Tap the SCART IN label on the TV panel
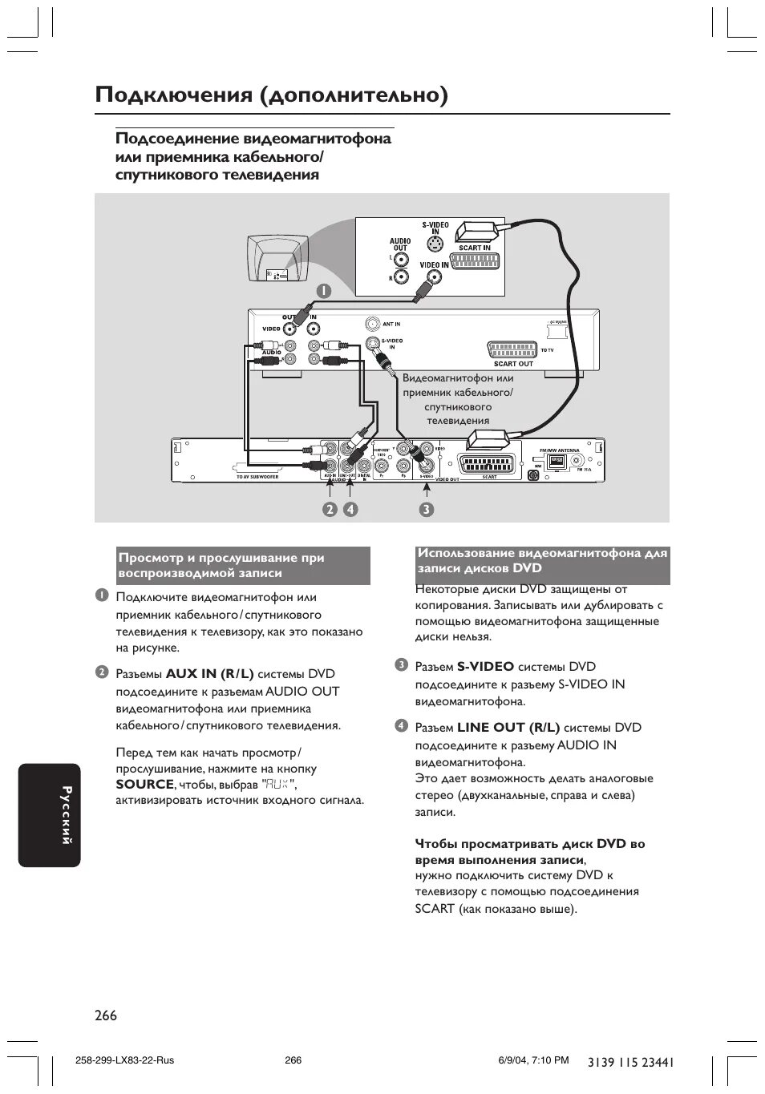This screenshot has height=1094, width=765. (x=474, y=248)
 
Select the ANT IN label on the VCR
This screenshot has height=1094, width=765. (x=391, y=324)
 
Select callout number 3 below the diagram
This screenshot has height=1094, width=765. (x=426, y=509)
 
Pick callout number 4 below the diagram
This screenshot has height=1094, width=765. (x=350, y=509)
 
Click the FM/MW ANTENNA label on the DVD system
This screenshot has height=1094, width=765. (x=560, y=450)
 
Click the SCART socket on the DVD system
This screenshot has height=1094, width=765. (x=489, y=464)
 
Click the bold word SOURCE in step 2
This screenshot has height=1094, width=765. (x=144, y=784)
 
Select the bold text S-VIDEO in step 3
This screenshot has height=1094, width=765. (x=485, y=667)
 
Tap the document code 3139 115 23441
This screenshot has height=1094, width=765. (x=630, y=1062)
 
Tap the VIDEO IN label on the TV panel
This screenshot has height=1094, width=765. (x=434, y=264)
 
